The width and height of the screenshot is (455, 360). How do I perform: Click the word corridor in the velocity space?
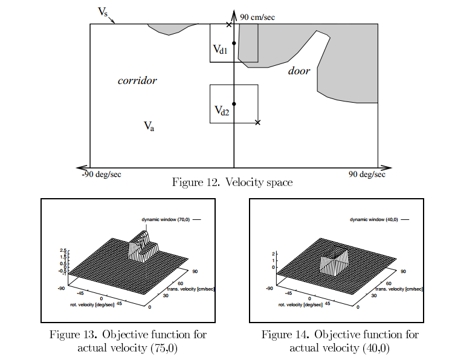coord(137,80)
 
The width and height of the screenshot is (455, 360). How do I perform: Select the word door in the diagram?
coord(298,71)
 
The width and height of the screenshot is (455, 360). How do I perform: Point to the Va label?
coord(149,126)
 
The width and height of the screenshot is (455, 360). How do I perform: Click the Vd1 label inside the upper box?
coord(220,50)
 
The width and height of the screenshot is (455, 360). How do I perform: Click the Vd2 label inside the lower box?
coord(222,111)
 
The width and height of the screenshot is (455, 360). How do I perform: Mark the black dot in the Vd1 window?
coord(234,43)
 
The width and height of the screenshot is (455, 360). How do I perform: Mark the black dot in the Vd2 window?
coord(234,104)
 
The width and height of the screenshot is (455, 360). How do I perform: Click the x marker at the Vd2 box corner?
coord(258,123)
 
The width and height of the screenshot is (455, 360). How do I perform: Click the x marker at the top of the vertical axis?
coord(228,24)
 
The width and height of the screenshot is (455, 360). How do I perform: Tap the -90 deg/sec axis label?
coord(101,175)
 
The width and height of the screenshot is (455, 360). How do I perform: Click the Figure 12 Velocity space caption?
coord(232,182)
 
